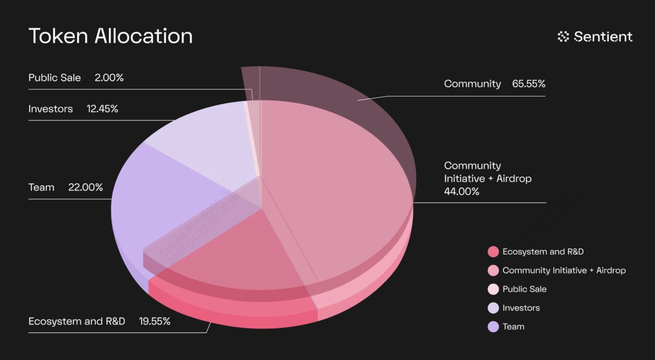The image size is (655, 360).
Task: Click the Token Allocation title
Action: click(x=111, y=36)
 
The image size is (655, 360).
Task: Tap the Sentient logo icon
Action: click(x=563, y=36)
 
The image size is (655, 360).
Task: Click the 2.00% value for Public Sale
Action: click(x=109, y=78)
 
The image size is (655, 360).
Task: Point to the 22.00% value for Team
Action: click(x=85, y=187)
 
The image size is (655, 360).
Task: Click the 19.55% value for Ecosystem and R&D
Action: click(x=155, y=321)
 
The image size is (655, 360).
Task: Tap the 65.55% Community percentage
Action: click(x=529, y=83)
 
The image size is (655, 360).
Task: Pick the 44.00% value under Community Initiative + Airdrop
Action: click(x=462, y=192)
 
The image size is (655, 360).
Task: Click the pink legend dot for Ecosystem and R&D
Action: click(x=493, y=251)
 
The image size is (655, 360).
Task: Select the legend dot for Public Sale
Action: click(x=493, y=289)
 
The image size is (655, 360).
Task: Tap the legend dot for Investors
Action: click(x=493, y=308)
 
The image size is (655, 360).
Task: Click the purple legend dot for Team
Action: click(x=493, y=327)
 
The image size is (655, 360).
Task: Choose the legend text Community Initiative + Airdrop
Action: click(x=564, y=270)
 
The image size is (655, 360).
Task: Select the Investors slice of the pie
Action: click(x=205, y=138)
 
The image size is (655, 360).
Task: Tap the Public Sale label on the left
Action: click(x=54, y=78)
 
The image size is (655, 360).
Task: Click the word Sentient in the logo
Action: click(x=603, y=36)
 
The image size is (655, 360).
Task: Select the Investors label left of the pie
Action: click(x=51, y=109)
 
